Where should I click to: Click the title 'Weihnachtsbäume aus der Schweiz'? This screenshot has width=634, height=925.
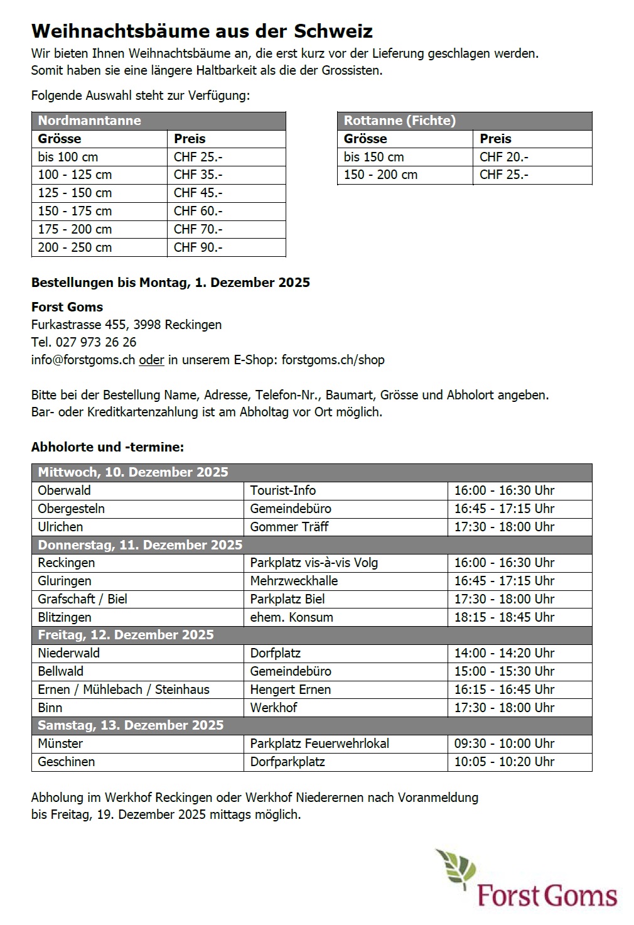coord(201,31)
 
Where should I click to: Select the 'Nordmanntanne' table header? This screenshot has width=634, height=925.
coord(89,121)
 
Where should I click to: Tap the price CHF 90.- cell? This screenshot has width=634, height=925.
coord(198,247)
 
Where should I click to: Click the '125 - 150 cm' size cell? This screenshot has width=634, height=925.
coord(75,193)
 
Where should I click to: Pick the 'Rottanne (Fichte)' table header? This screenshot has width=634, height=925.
coord(399,121)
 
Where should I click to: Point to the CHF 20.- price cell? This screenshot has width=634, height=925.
coord(503,157)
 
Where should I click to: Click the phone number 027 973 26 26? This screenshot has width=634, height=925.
coord(95,342)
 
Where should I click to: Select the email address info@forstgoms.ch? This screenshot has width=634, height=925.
coord(83,360)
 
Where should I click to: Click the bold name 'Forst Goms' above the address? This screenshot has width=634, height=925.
coord(67,307)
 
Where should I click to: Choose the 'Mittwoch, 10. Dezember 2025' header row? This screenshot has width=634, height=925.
coord(133,472)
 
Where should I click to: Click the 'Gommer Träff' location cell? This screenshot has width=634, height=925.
coord(289,527)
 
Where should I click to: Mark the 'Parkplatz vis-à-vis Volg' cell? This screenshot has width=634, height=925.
coord(314,563)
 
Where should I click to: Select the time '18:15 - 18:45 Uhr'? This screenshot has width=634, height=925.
coord(504,617)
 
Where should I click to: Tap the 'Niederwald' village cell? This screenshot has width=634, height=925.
coord(68,653)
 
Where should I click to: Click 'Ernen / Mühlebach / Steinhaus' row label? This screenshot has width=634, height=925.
coord(124,690)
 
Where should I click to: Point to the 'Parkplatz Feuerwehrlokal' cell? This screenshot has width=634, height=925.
coord(319,744)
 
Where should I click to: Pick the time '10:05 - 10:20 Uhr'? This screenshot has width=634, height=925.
coord(504,762)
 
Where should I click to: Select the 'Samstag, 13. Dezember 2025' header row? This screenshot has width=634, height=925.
coord(131,725)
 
